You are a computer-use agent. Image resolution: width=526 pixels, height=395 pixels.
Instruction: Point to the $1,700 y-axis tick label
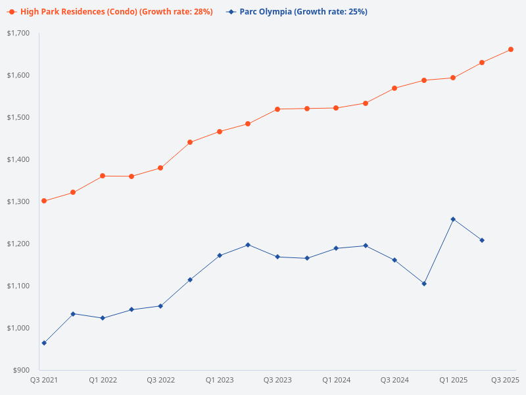pyautogui.click(x=18, y=33)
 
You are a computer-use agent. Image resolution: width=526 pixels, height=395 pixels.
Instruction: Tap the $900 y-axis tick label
pyautogui.click(x=22, y=370)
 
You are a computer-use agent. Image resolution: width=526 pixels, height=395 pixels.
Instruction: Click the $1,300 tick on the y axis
pyautogui.click(x=18, y=201)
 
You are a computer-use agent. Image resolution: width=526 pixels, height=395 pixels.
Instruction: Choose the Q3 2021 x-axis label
pyautogui.click(x=44, y=380)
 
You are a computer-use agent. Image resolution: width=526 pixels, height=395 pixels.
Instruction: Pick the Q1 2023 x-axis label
pyautogui.click(x=220, y=380)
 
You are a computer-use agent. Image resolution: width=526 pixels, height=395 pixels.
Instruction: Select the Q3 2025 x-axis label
pyautogui.click(x=506, y=380)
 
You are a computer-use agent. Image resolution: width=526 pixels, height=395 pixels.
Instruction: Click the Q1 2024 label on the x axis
pyautogui.click(x=336, y=380)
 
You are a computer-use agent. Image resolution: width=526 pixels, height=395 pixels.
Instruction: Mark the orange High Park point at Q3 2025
pyautogui.click(x=511, y=49)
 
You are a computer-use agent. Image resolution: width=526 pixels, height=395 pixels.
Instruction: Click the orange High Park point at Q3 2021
pyautogui.click(x=44, y=201)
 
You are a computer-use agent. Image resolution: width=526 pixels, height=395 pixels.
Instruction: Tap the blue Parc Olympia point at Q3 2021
pyautogui.click(x=44, y=343)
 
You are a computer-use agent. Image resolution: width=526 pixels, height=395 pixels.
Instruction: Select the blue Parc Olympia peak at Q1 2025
pyautogui.click(x=453, y=219)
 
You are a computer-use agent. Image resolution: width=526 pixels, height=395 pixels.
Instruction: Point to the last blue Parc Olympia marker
pyautogui.click(x=482, y=240)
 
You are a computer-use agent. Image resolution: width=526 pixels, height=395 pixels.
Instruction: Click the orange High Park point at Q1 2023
pyautogui.click(x=220, y=132)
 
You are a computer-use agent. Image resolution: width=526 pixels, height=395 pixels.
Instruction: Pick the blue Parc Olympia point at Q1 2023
pyautogui.click(x=220, y=255)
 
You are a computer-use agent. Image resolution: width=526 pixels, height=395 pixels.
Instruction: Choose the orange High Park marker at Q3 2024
pyautogui.click(x=394, y=88)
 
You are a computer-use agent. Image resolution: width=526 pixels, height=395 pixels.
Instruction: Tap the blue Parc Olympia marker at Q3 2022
pyautogui.click(x=160, y=306)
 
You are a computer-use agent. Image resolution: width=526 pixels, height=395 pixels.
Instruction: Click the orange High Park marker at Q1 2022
pyautogui.click(x=103, y=176)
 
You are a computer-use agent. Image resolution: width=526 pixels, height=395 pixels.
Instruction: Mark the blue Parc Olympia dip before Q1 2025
pyautogui.click(x=424, y=284)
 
